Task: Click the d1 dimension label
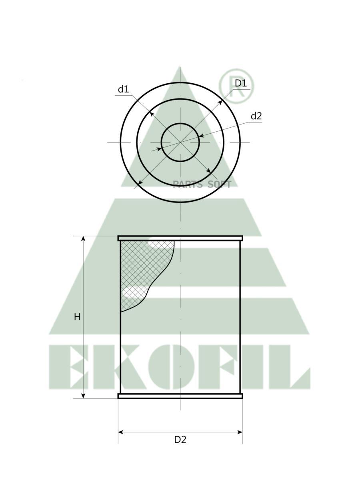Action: tap(123, 89)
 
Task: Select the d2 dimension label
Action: tap(256, 116)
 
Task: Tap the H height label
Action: tap(77, 317)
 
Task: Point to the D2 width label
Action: tap(180, 440)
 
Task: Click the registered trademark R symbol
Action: tap(236, 86)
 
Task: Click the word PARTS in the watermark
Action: tap(188, 184)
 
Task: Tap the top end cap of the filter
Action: tap(180, 238)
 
